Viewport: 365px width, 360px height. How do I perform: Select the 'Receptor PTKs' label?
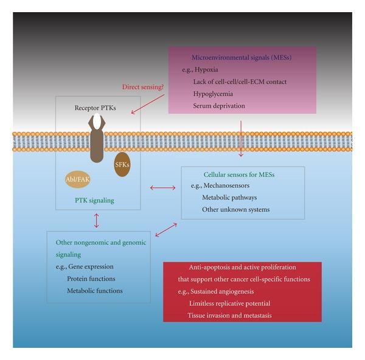pos(95,108)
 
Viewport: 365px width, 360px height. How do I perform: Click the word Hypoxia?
pos(206,70)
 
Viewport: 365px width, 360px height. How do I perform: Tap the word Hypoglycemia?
pos(214,94)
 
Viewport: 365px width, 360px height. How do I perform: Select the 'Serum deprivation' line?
pos(219,106)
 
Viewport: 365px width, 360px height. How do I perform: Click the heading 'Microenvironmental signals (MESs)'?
pos(242,58)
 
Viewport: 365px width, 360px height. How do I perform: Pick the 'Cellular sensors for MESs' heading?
pos(239,175)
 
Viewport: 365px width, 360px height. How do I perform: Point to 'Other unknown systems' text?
pos(236,210)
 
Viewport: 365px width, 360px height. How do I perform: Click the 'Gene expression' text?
pos(90,266)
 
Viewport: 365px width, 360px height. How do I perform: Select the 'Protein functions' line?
pos(91,279)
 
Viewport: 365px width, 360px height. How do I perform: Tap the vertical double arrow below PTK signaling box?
pos(96,220)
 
